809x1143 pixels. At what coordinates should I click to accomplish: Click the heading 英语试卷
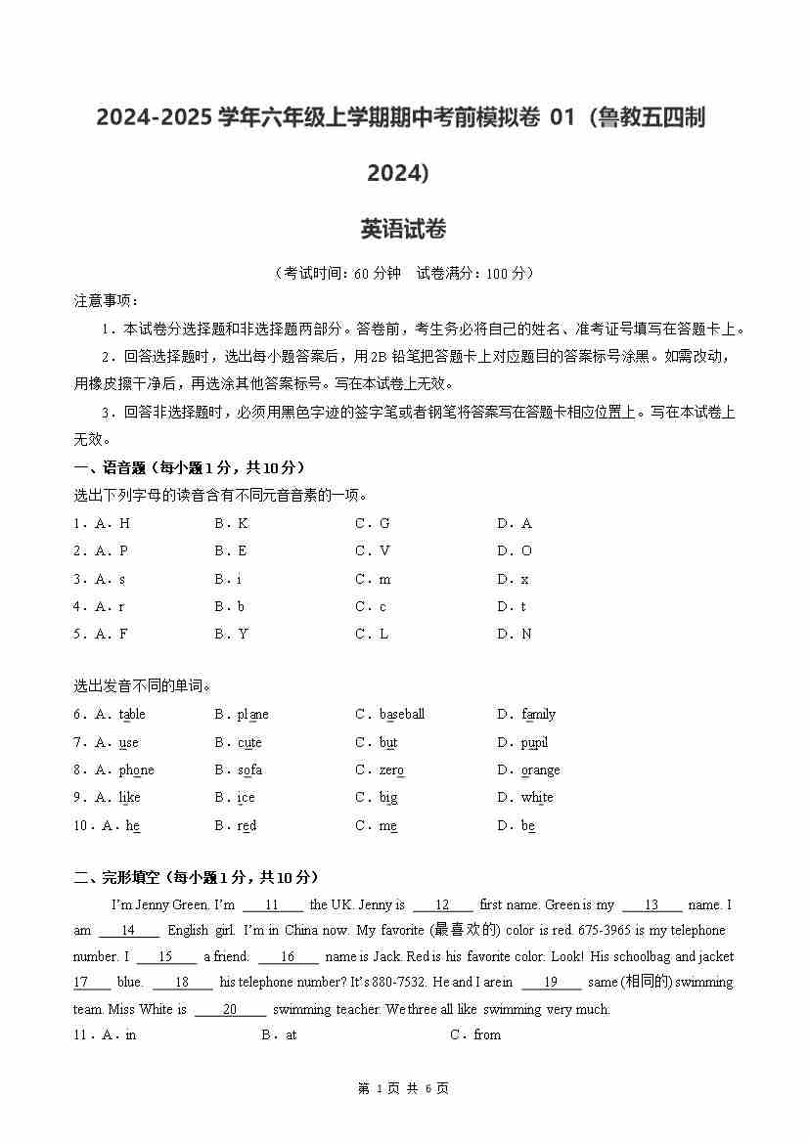tap(403, 230)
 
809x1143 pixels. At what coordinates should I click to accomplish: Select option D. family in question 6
tap(526, 715)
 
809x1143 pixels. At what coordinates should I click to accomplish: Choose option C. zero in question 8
tap(380, 770)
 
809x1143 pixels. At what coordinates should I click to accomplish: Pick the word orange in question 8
tap(540, 770)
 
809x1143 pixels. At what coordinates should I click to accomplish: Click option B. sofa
tap(238, 770)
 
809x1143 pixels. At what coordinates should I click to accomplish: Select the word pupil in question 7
tap(534, 743)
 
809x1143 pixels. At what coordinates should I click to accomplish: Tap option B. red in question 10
tap(235, 826)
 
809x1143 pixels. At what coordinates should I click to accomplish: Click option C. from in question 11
tap(475, 1035)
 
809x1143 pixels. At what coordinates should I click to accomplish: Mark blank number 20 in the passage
tap(230, 1009)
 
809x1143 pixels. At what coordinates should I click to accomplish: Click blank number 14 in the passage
tap(128, 931)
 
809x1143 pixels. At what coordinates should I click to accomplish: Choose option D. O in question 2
tap(515, 551)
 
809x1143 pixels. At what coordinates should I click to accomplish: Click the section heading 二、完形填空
tap(196, 878)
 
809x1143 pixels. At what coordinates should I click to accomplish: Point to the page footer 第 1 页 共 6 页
tap(403, 1088)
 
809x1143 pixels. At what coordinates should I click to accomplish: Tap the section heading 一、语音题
tap(189, 468)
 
